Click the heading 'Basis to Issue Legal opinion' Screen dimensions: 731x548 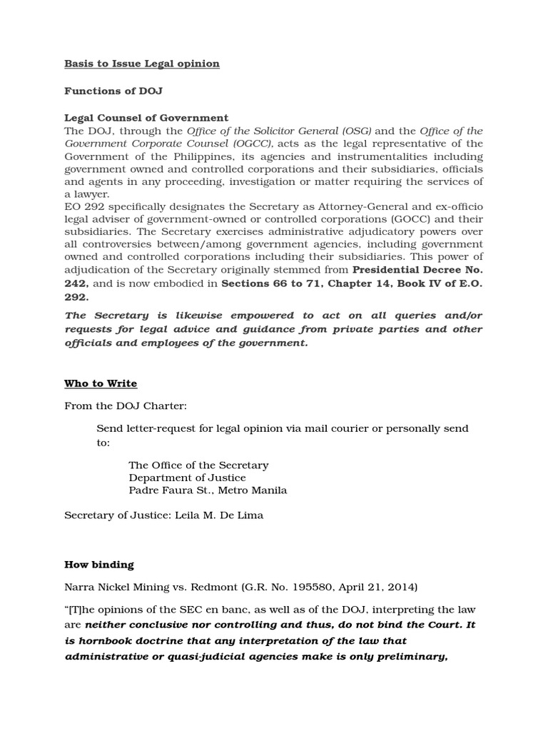(x=142, y=64)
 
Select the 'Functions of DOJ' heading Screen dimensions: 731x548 (x=108, y=91)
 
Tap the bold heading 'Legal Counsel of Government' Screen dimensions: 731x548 (x=146, y=118)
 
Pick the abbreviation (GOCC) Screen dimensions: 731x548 (x=345, y=220)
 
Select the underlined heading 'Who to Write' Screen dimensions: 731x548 (x=101, y=383)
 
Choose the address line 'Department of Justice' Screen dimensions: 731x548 (x=187, y=478)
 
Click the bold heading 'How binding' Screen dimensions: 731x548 (x=99, y=564)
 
